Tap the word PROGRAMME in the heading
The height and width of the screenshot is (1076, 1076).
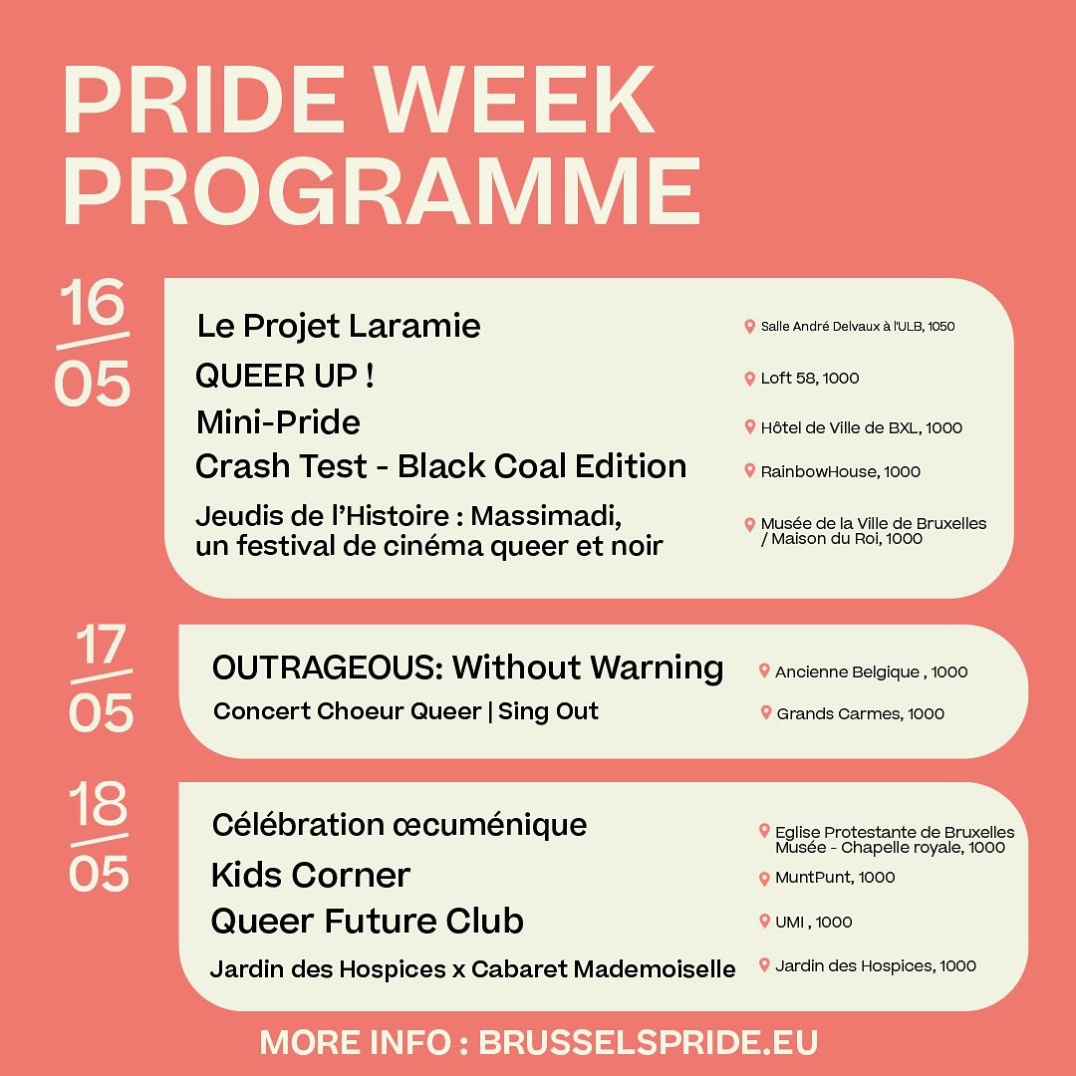pos(382,190)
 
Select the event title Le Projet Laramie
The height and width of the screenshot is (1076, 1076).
pos(339,326)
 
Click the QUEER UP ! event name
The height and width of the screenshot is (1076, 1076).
pos(285,376)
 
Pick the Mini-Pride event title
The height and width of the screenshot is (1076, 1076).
pos(278,422)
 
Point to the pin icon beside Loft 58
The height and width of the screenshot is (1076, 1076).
pos(749,379)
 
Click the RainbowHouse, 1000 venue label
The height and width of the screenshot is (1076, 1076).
pos(841,471)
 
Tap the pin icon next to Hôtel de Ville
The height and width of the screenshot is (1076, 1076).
pos(749,426)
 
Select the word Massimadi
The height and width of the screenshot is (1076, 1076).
pos(546,515)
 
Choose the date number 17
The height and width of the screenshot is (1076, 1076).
pos(102,645)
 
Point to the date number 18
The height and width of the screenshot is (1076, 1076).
pos(98,803)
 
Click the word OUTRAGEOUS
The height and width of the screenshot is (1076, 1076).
pos(328,667)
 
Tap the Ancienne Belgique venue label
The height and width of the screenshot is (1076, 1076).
pos(872,672)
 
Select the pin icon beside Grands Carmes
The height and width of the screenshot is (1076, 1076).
pos(766,713)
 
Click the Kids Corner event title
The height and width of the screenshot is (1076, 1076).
pos(310,876)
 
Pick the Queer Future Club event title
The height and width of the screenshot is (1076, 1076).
pos(367,921)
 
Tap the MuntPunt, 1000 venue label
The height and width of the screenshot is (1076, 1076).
pos(835,877)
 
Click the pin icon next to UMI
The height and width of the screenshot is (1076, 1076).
pos(764,921)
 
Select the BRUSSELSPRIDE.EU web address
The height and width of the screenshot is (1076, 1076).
pos(648,1042)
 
